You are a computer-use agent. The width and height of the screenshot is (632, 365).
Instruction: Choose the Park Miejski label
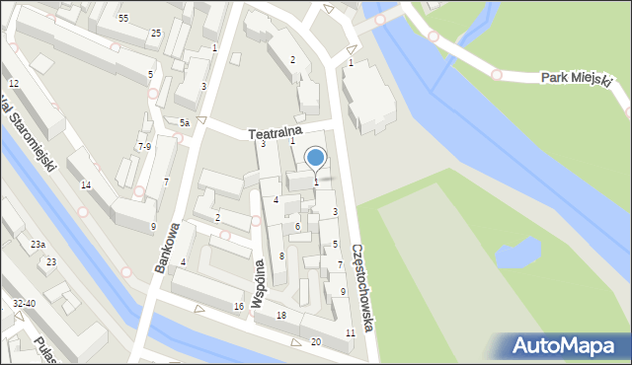coord(577,79)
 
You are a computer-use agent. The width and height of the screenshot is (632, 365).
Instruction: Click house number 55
coord(123,19)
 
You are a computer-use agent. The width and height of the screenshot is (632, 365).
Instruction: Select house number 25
coord(156,34)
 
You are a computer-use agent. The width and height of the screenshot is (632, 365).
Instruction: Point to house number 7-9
coord(144,146)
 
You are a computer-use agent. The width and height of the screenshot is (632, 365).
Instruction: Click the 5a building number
coord(185,122)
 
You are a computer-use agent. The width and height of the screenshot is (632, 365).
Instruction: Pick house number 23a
coord(38,244)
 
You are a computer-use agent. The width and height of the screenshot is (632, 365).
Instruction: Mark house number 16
coord(239,307)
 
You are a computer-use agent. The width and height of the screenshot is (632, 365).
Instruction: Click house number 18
coord(281,315)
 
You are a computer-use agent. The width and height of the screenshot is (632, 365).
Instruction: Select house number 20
coord(316,341)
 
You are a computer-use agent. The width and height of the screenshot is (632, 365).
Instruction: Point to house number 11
coord(351,332)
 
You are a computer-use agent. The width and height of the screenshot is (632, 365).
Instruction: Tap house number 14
coord(86,185)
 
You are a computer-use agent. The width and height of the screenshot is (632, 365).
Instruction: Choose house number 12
coord(14,84)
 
